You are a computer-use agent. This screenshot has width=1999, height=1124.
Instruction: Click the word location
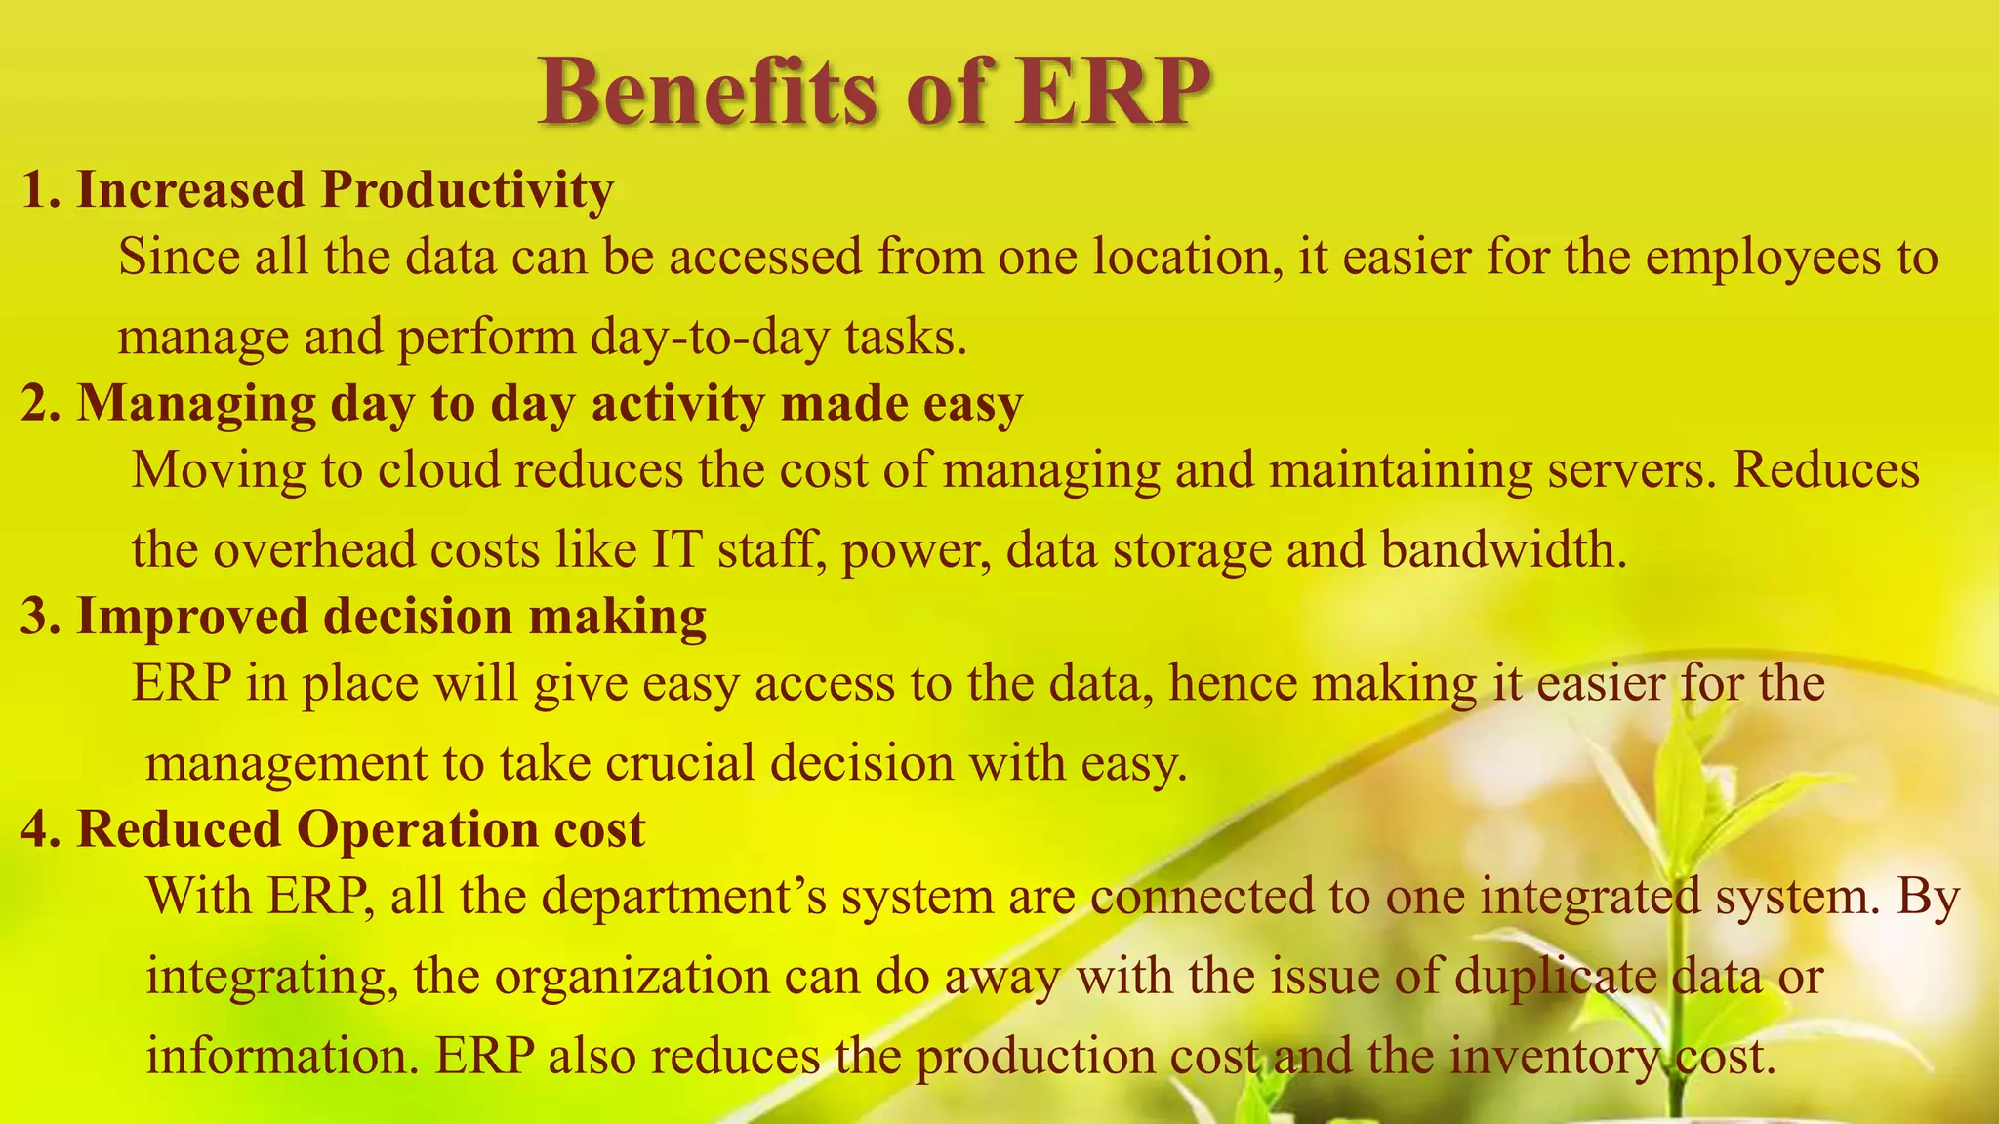(x=1187, y=258)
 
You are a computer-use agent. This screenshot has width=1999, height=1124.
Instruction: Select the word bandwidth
(x=1503, y=549)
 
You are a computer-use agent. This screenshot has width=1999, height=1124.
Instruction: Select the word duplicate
(x=1556, y=977)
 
